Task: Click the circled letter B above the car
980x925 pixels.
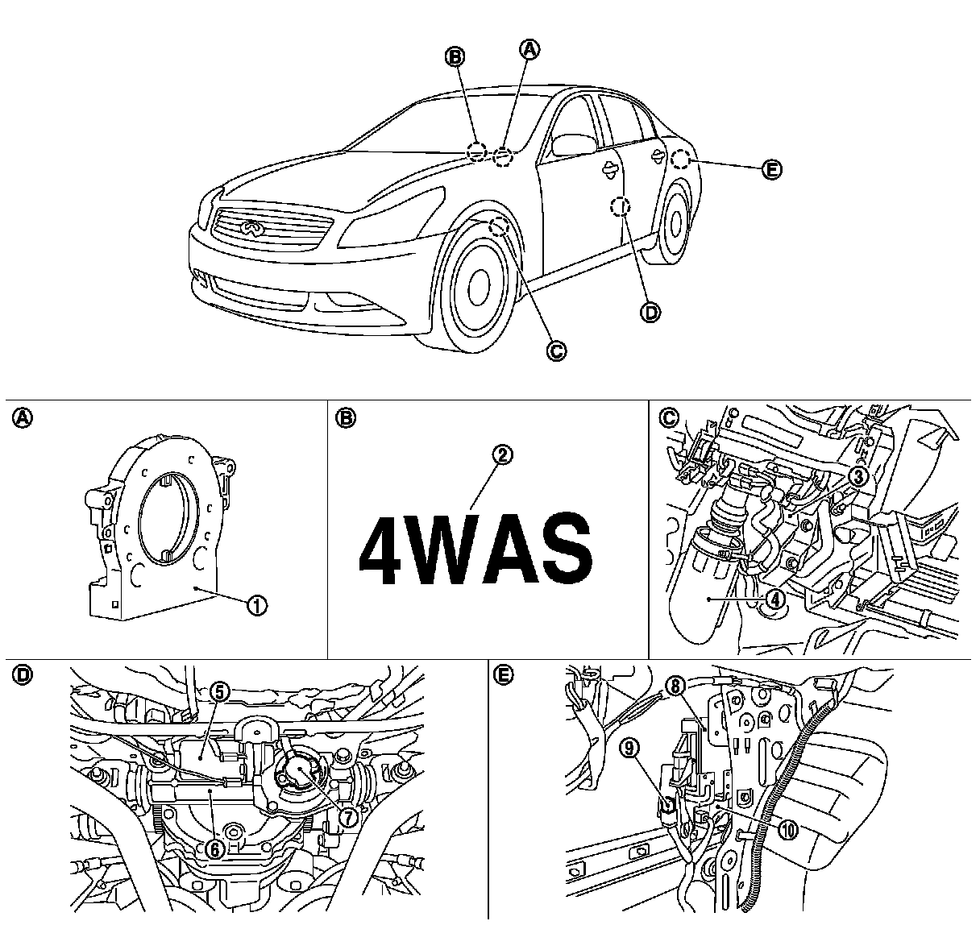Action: [x=455, y=56]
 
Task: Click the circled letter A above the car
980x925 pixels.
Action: [x=529, y=50]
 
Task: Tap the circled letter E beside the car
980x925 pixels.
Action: [x=771, y=170]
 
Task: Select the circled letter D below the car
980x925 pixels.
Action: [x=650, y=313]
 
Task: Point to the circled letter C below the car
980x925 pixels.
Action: [x=555, y=350]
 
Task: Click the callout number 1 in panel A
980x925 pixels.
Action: [x=257, y=604]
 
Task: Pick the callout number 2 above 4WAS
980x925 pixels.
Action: [x=502, y=454]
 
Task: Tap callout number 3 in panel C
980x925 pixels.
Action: [x=859, y=477]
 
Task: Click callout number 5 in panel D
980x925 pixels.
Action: [x=221, y=691]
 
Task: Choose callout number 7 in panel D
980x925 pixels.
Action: [x=348, y=816]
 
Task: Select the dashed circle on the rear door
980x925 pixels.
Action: [x=620, y=207]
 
